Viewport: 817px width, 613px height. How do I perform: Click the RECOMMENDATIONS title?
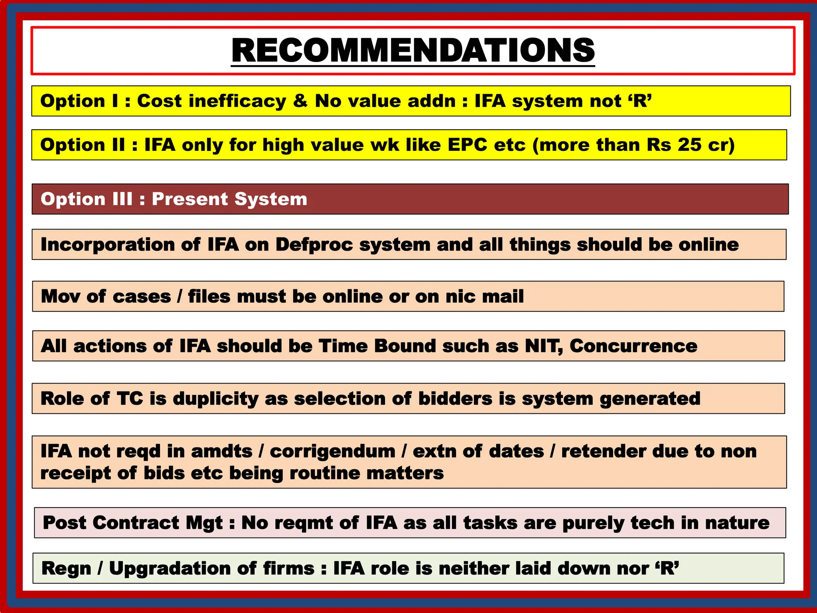coord(413,50)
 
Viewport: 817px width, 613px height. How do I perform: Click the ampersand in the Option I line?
coord(300,101)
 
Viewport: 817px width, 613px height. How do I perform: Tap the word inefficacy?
coord(237,101)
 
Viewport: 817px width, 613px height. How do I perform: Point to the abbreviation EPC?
coord(467,145)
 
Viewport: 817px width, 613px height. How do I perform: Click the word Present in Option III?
coord(189,199)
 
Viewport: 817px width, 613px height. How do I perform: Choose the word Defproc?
coord(314,245)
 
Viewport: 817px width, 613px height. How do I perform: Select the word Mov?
coord(61,297)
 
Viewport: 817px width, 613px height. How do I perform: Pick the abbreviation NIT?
coord(544,346)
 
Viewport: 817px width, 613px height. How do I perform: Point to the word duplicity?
coord(215,399)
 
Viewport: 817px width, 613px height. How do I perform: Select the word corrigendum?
coord(332,451)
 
